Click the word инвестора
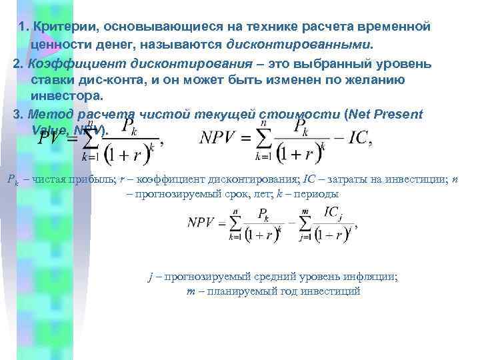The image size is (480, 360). tap(63, 97)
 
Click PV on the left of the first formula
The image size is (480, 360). tap(51, 139)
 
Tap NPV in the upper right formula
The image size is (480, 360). tap(219, 139)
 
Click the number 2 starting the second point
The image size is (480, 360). tap(17, 64)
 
